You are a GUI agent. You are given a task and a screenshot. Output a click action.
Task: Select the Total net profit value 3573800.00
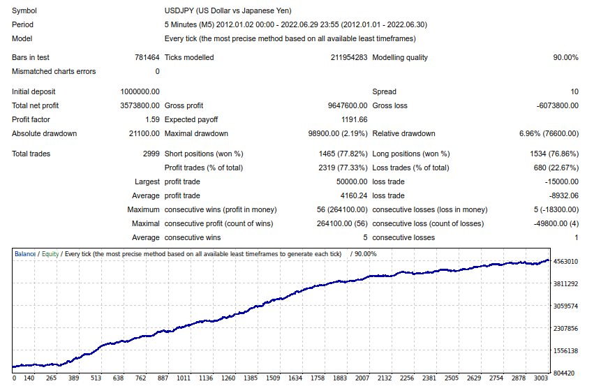click(x=140, y=105)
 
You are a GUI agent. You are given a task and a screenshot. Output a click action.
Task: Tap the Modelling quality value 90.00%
click(x=565, y=57)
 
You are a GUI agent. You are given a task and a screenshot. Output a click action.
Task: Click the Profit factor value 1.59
click(x=151, y=119)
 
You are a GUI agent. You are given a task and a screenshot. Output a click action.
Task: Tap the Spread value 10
click(x=574, y=91)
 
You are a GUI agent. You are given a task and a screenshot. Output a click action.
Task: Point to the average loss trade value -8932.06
click(x=561, y=195)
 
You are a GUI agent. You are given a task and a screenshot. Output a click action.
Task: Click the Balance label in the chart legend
click(x=25, y=254)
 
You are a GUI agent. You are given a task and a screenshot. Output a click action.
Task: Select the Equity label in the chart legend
click(x=50, y=254)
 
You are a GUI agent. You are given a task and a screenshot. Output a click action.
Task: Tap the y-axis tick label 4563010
click(x=565, y=262)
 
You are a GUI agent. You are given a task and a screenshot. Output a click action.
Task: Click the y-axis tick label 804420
click(x=565, y=373)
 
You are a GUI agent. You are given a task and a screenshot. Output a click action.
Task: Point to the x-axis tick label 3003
click(x=542, y=378)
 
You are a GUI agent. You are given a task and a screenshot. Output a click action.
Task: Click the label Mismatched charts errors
click(x=54, y=71)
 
